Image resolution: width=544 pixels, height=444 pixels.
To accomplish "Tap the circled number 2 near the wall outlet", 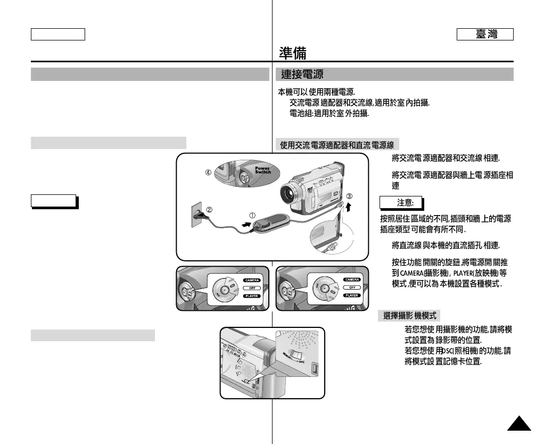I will click(x=210, y=209).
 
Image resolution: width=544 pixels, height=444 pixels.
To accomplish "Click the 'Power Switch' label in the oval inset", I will click(x=263, y=170).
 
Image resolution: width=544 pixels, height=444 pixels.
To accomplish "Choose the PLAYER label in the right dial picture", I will click(x=352, y=295).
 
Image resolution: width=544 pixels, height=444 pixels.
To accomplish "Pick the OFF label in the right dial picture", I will click(x=352, y=287).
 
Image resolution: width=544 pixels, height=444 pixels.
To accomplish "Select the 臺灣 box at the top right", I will click(x=485, y=35).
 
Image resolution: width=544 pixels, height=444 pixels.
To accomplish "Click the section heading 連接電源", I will click(x=302, y=74).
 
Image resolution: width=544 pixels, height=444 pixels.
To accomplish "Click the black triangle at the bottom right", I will click(x=518, y=424).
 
